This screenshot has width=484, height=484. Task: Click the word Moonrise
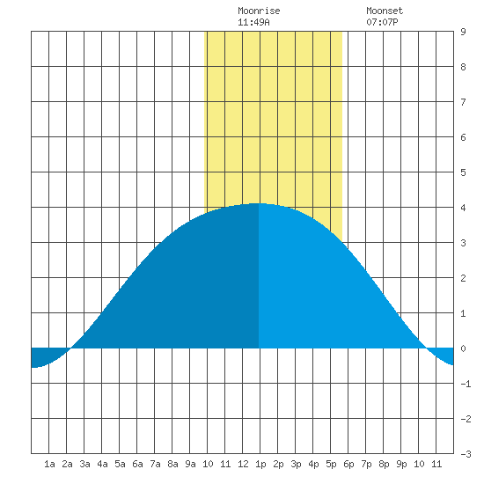(259, 11)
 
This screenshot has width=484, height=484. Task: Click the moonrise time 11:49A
(253, 22)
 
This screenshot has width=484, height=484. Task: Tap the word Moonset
(385, 11)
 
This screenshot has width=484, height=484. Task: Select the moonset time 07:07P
(382, 22)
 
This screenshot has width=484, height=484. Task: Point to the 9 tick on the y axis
(463, 32)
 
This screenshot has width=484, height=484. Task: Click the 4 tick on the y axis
(463, 208)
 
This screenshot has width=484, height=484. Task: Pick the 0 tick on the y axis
(463, 348)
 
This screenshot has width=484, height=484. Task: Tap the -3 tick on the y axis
(466, 454)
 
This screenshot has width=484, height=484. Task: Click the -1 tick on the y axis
(466, 384)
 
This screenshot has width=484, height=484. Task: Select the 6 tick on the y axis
(463, 137)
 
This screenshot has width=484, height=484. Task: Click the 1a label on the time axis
(49, 464)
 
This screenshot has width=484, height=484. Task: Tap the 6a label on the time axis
(137, 464)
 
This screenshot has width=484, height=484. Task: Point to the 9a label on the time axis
(190, 464)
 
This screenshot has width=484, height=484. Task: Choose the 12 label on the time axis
(243, 464)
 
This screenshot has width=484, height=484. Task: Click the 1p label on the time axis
(260, 464)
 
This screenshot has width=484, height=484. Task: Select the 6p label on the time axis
(348, 464)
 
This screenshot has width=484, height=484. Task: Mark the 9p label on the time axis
(401, 464)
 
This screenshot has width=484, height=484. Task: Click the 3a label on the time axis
(84, 464)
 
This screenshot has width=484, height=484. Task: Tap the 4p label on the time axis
(313, 464)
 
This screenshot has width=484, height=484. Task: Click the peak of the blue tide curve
(259, 203)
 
